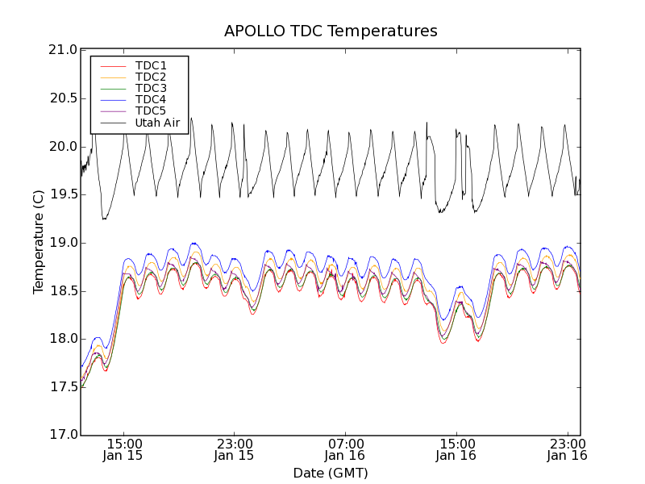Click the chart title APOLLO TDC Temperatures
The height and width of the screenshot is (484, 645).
click(331, 31)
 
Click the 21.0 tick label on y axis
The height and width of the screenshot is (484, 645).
click(62, 50)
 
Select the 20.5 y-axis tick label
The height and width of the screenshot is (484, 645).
click(62, 98)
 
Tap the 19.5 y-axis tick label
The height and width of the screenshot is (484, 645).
click(62, 194)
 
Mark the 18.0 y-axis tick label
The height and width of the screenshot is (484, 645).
click(62, 339)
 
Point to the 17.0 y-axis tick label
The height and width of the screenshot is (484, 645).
click(62, 435)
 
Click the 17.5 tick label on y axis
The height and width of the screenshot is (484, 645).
click(62, 387)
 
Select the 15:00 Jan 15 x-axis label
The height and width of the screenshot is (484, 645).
click(123, 449)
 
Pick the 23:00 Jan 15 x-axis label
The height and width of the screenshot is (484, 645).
click(235, 449)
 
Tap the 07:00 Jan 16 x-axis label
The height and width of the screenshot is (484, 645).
click(346, 449)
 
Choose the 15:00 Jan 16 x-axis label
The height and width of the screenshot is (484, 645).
click(456, 449)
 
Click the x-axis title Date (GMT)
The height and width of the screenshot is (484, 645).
click(331, 473)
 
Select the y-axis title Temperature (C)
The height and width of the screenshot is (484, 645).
click(39, 242)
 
